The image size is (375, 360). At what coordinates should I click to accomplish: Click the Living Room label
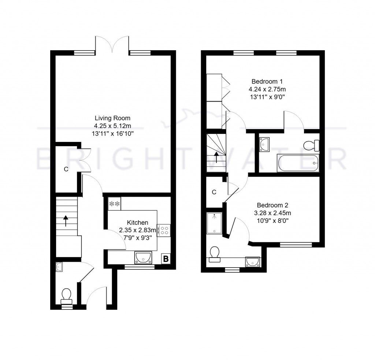pyautogui.click(x=112, y=118)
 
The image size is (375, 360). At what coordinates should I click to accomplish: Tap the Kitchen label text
pyautogui.click(x=137, y=223)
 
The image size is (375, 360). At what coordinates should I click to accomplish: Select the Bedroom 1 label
pyautogui.click(x=267, y=81)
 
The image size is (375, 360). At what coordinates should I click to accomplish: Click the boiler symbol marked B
pyautogui.click(x=166, y=259)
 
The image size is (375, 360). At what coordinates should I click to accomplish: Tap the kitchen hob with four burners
pyautogui.click(x=164, y=230)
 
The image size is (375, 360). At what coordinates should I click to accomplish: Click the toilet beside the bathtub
pyautogui.click(x=312, y=146)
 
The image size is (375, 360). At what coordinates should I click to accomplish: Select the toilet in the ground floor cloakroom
pyautogui.click(x=66, y=295)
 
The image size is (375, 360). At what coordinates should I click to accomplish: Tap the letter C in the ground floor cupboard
pyautogui.click(x=66, y=169)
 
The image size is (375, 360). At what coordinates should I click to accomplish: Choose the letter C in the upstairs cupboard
pyautogui.click(x=214, y=192)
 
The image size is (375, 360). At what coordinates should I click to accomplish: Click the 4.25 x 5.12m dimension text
pyautogui.click(x=112, y=126)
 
